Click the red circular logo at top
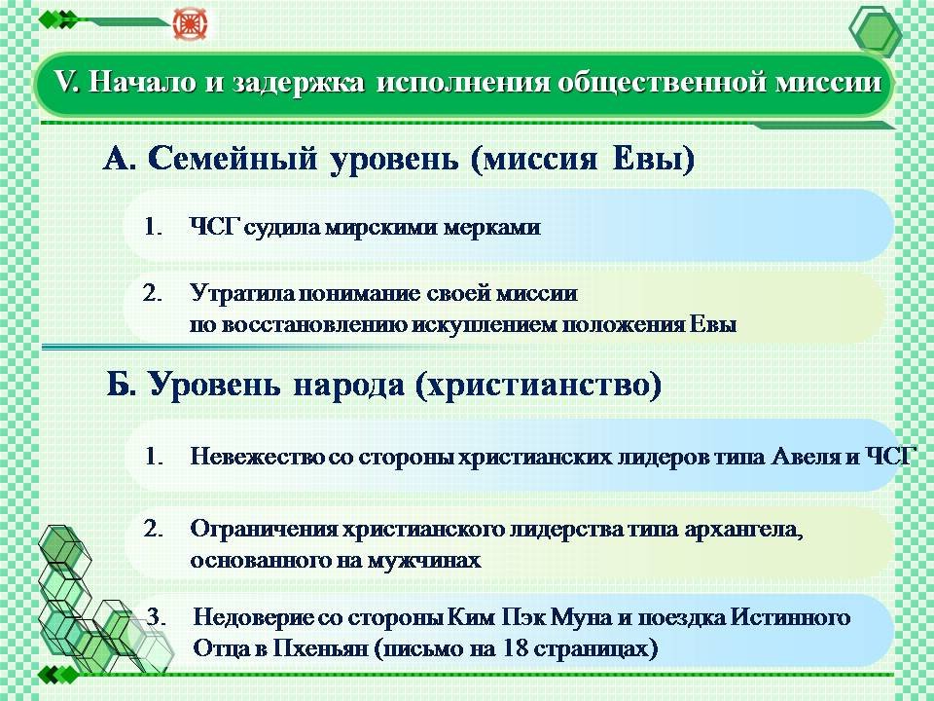click(190, 23)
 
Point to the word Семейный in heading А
click(233, 159)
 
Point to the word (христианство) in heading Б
click(538, 386)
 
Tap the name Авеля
click(806, 457)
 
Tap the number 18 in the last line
click(516, 648)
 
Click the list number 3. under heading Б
click(156, 617)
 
